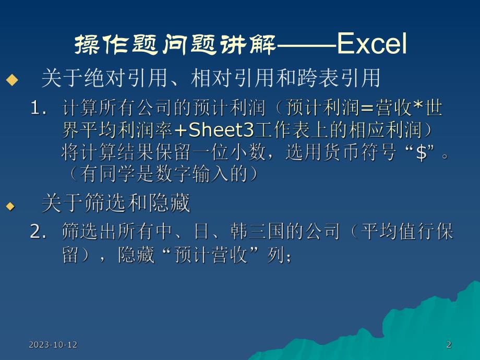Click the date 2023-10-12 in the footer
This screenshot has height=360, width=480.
53,344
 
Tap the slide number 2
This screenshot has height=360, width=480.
449,344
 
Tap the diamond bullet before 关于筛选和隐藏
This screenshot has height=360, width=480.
11,206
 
